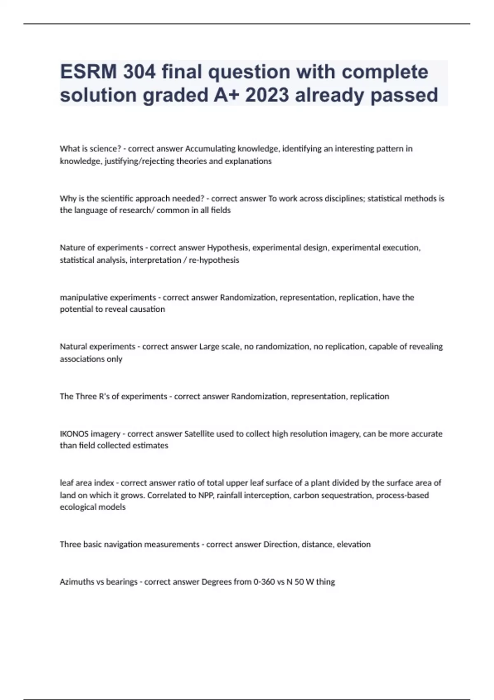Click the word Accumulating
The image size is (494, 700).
click(210, 149)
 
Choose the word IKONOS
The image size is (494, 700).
click(74, 434)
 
